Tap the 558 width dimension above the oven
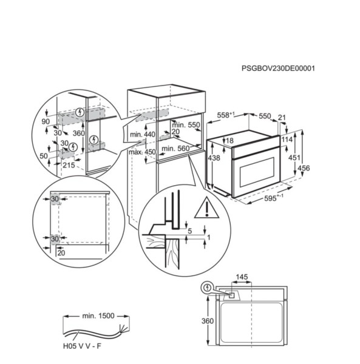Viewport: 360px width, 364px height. pos(225,115)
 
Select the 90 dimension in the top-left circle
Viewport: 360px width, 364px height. pos(45,121)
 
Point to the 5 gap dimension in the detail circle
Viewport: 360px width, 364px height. pos(190,231)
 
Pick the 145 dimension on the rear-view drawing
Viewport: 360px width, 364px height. pos(241,277)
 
